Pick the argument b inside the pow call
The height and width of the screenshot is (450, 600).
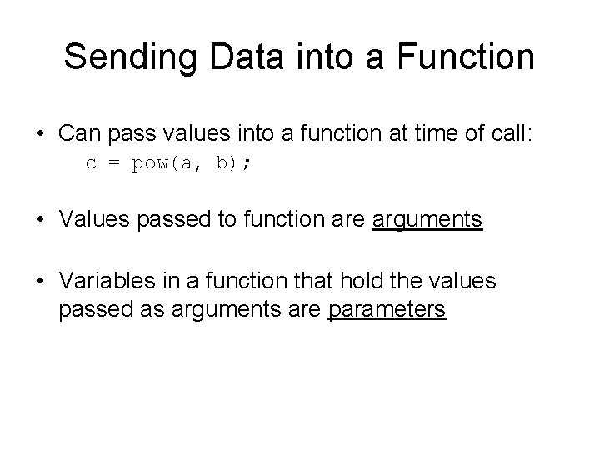click(x=221, y=163)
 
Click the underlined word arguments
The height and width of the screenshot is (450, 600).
click(x=427, y=221)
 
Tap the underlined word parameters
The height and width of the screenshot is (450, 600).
click(x=387, y=310)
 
